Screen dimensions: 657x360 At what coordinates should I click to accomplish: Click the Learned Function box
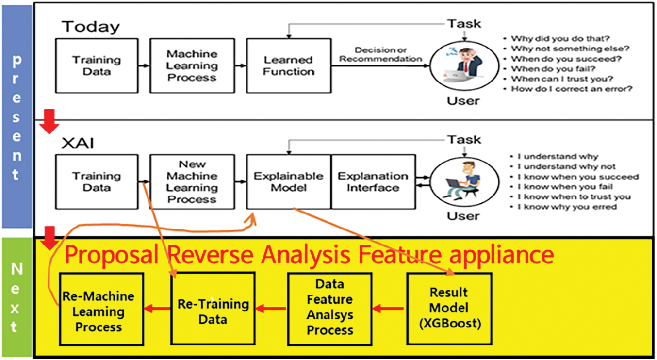pos(289,65)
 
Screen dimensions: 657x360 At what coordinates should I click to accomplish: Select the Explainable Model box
pos(289,182)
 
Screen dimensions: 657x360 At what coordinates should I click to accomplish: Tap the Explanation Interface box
pos(373,182)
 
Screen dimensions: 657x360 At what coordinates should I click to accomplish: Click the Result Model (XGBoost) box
pos(449,309)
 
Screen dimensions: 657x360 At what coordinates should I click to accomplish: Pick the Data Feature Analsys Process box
pos(330,309)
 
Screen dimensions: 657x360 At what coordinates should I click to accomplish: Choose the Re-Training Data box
pos(213,309)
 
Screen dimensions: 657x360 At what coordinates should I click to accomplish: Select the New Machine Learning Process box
pos(193,182)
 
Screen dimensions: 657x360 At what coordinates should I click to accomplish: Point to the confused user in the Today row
pos(464,65)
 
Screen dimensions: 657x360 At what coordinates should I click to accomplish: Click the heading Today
pos(91,27)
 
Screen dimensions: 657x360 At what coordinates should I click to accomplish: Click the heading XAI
pos(78,143)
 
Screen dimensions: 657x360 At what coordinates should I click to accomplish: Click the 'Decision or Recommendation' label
pos(380,54)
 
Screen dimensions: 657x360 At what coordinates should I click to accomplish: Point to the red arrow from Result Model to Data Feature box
pos(388,309)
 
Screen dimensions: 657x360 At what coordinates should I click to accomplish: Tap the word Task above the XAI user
pos(464,140)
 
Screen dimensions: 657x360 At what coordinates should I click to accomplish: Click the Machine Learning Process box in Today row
pos(193,65)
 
